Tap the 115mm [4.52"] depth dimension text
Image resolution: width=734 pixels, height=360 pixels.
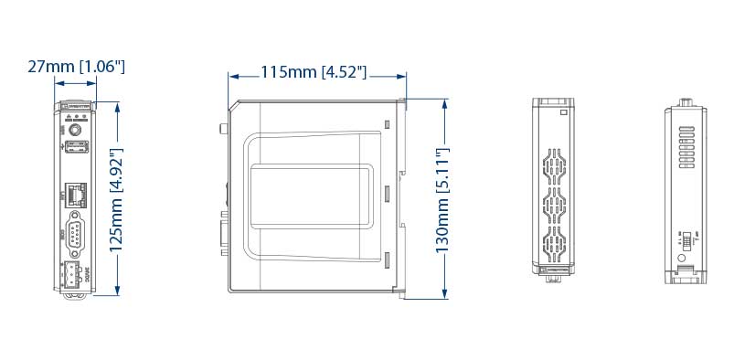(314, 72)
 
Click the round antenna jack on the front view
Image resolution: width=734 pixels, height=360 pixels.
(77, 131)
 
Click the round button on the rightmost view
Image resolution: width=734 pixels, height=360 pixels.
(682, 259)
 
